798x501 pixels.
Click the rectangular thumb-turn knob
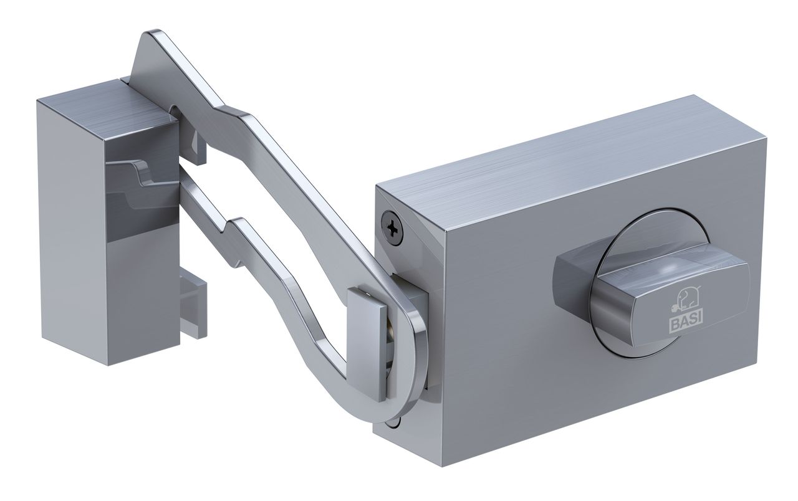652,300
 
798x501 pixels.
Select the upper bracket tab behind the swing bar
199,150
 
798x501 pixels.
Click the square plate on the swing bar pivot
367,343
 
